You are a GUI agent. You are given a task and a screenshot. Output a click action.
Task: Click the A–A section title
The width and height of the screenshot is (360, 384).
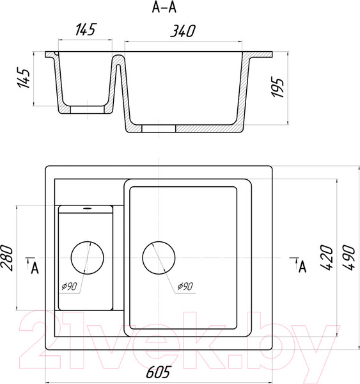tap(164, 8)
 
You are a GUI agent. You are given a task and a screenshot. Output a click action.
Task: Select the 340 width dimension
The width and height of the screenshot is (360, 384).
tap(183, 31)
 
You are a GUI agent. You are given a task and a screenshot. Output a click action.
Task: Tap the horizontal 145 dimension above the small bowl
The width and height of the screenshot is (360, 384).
tap(86, 29)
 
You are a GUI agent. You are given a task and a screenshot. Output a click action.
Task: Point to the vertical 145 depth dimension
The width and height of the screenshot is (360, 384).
tap(24, 78)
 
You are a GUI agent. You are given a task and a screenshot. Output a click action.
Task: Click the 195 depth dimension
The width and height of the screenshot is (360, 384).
tap(278, 88)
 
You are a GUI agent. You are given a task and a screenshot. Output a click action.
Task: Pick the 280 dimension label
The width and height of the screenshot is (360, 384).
tap(6, 258)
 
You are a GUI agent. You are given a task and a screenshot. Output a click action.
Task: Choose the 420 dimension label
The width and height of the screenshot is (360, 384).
tap(327, 257)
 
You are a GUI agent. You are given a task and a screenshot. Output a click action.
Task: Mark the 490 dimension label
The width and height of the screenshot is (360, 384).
tap(348, 257)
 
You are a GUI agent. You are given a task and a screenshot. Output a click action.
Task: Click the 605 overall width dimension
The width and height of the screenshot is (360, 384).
tap(158, 372)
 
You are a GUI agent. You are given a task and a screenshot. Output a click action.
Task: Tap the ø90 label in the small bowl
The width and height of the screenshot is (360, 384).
tap(69, 286)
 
